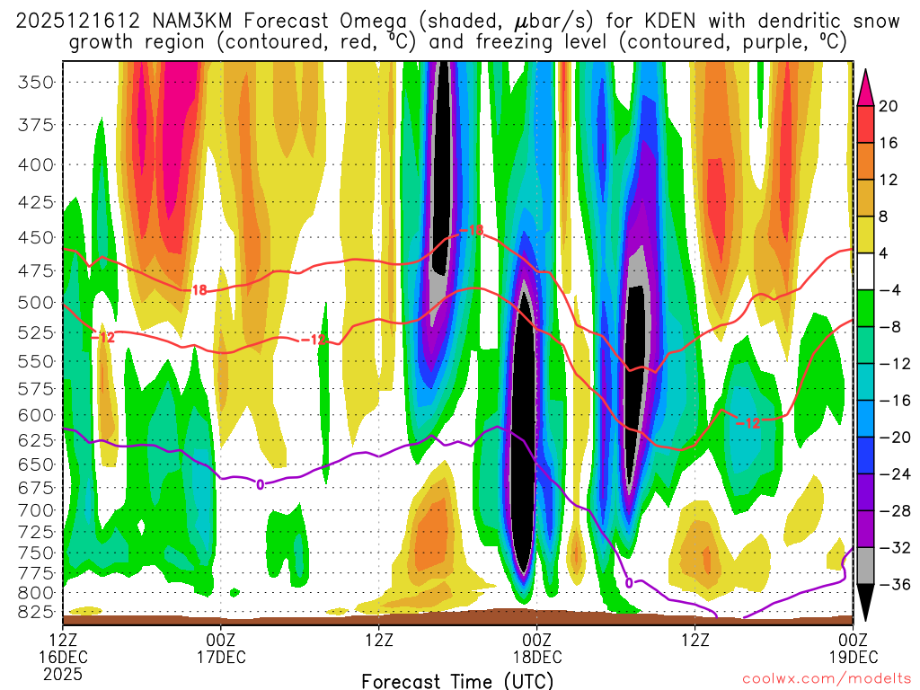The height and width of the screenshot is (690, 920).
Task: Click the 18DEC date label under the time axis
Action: click(536, 655)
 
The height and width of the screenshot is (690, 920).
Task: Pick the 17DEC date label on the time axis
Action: click(221, 655)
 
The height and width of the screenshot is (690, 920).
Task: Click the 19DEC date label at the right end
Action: click(852, 655)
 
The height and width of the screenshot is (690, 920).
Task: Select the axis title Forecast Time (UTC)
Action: click(457, 680)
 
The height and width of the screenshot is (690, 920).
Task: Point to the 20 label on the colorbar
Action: click(889, 106)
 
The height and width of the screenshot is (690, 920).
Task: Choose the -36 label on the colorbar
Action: click(892, 585)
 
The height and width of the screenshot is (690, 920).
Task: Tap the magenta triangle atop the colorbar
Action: click(866, 87)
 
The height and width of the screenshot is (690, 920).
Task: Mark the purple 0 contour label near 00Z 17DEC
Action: click(261, 484)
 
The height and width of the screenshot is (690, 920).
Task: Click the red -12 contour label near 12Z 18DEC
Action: click(748, 422)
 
